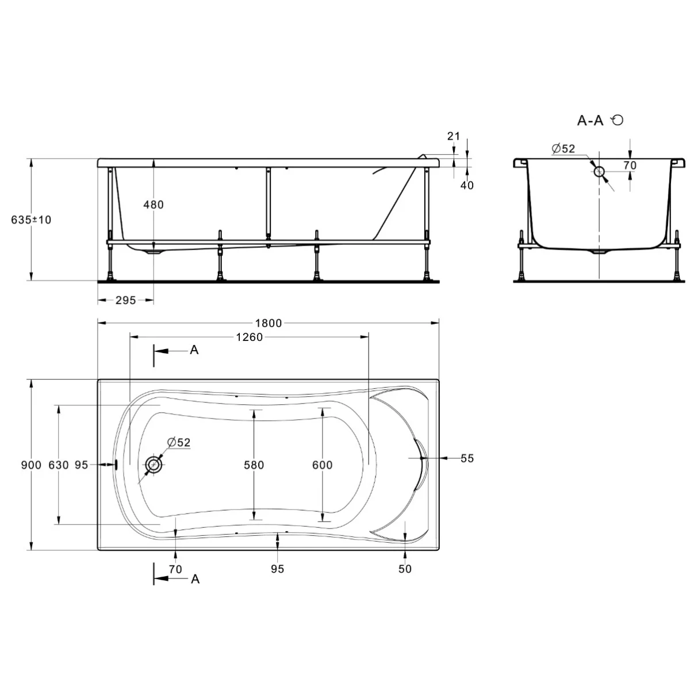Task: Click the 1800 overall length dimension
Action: (268, 323)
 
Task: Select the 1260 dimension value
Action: (249, 338)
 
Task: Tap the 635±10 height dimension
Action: (31, 220)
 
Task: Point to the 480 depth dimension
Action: (154, 205)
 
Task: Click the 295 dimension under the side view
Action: (126, 300)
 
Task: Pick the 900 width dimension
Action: (31, 465)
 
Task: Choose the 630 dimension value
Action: (59, 465)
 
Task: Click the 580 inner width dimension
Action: (254, 465)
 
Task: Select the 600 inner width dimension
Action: (322, 465)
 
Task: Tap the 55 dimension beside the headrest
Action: (467, 458)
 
